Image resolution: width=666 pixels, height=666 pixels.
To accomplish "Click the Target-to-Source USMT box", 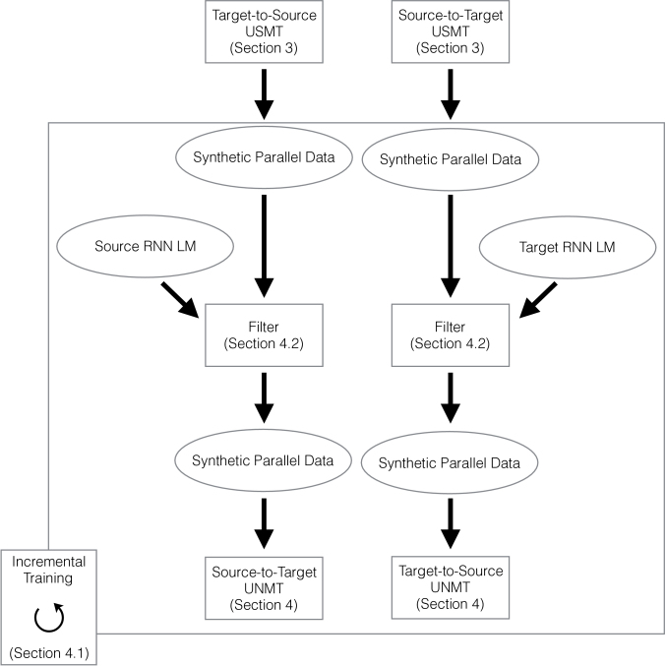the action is (x=264, y=31).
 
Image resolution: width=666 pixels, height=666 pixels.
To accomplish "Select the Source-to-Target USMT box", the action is (x=451, y=31).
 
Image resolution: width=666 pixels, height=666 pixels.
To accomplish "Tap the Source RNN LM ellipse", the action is (x=145, y=246).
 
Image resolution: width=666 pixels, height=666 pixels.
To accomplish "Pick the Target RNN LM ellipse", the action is (x=568, y=248).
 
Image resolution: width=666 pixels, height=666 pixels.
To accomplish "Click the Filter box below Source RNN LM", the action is (x=264, y=335).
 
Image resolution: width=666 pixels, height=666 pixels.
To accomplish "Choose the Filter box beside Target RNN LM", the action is (x=451, y=335).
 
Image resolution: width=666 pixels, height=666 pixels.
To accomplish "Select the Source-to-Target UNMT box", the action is (x=264, y=588).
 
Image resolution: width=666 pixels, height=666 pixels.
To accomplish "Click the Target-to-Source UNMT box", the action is (x=451, y=587).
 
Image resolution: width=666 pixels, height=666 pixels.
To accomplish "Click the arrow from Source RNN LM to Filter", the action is (x=180, y=300).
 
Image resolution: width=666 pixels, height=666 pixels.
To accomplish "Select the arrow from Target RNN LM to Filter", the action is (x=538, y=300).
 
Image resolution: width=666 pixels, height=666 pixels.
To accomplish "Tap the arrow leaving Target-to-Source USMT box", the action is (x=264, y=94).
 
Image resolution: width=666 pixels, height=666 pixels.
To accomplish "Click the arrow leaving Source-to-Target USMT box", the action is (x=451, y=94).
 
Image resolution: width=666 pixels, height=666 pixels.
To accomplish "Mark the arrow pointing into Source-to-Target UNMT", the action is (x=264, y=523).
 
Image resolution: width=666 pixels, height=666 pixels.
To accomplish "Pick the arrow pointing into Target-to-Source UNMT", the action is (x=451, y=523).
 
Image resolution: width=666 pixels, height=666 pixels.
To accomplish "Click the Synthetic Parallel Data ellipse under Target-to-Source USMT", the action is (x=264, y=157).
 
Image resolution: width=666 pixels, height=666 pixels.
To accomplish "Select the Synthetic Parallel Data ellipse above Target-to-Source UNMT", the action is (x=450, y=463).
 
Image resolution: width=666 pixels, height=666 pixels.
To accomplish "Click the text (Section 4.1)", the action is (x=49, y=653).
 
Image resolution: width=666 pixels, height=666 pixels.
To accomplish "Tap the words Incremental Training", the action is (x=48, y=570).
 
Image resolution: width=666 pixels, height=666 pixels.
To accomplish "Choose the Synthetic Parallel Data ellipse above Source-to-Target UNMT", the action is (x=263, y=460).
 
